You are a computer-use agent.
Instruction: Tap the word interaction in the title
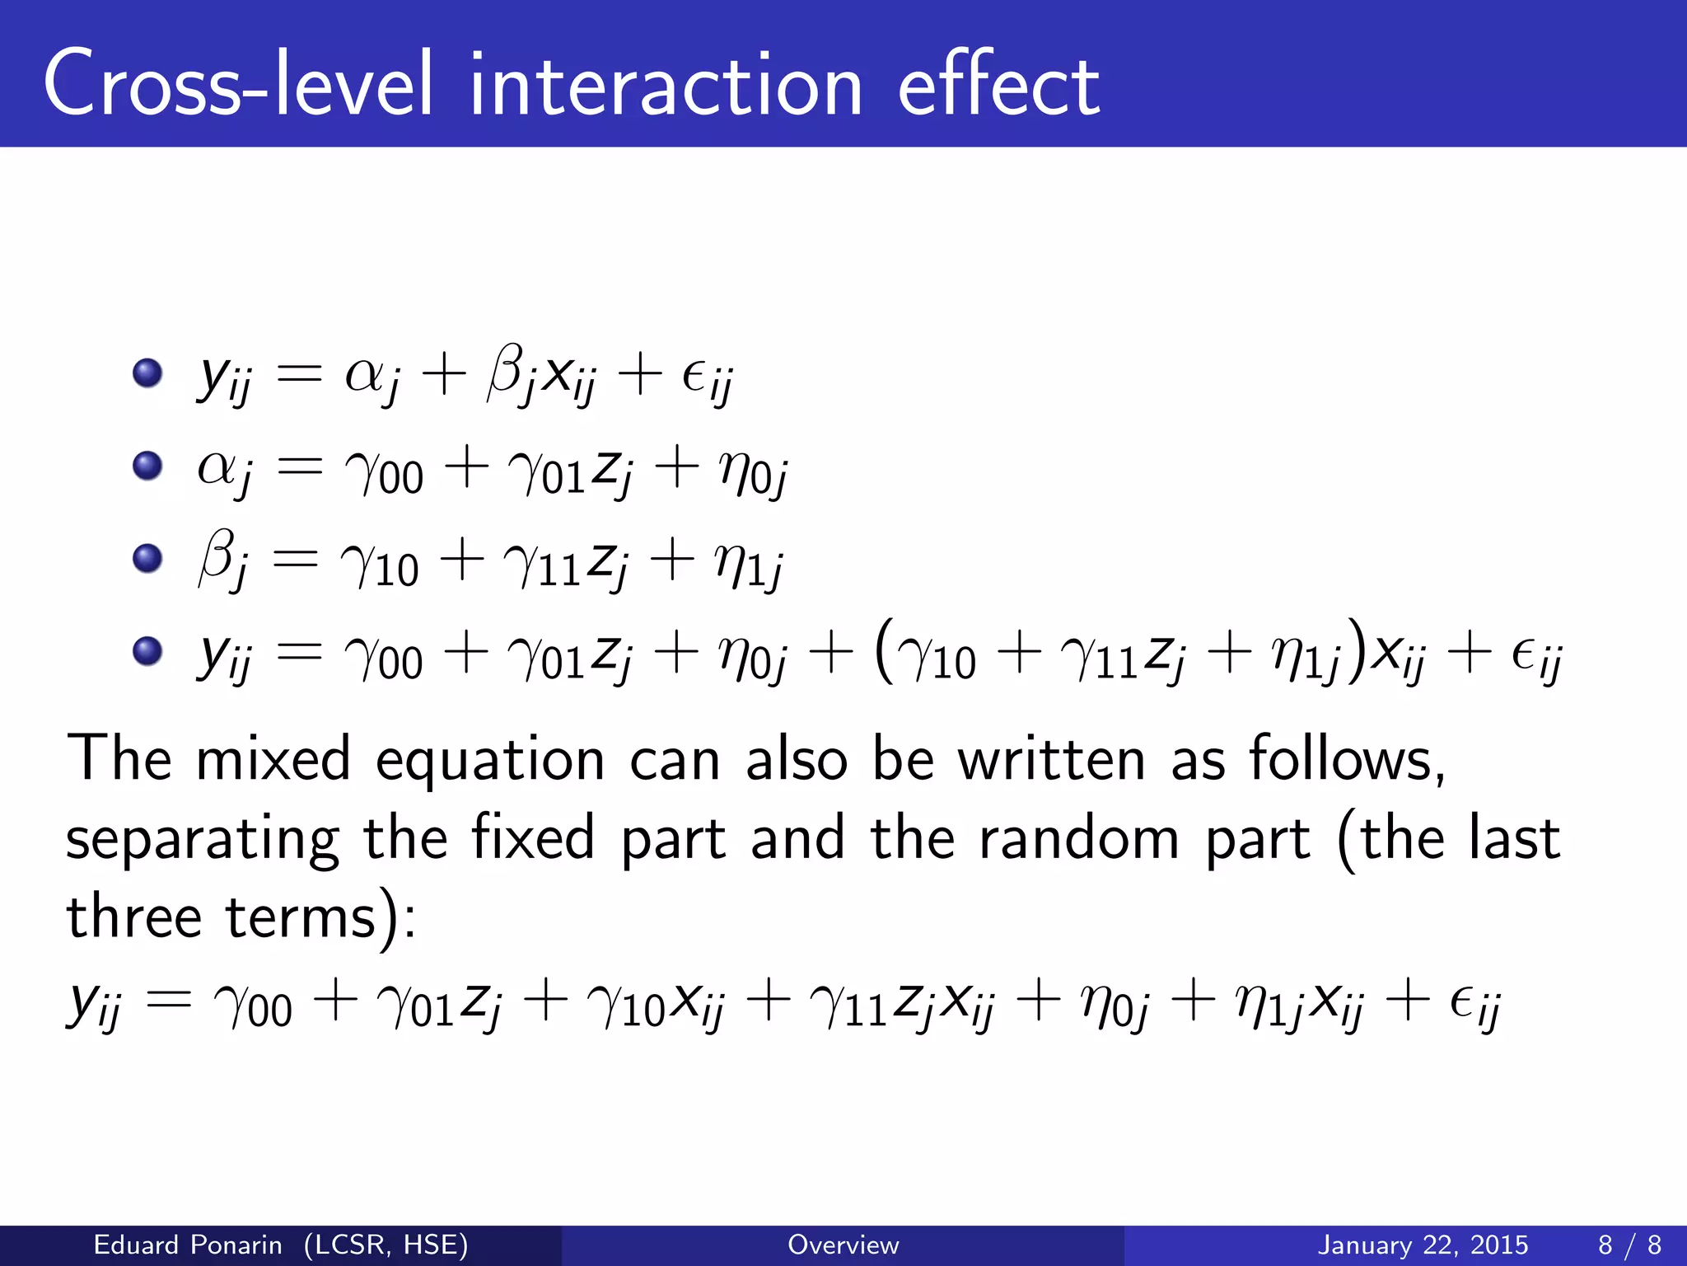tap(666, 84)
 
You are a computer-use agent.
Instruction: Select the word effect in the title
tap(998, 84)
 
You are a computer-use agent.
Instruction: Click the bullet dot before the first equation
tap(147, 373)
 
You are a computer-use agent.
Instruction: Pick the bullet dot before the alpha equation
tap(147, 467)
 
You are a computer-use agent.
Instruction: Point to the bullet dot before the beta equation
tap(147, 559)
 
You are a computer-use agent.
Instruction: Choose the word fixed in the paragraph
tap(533, 838)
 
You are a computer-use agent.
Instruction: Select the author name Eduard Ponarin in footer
tap(188, 1245)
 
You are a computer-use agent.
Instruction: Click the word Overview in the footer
tap(843, 1245)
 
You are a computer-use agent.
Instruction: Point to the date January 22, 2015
tap(1423, 1245)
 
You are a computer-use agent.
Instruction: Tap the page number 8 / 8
tap(1629, 1245)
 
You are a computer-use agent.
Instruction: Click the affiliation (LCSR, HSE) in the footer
tap(386, 1245)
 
